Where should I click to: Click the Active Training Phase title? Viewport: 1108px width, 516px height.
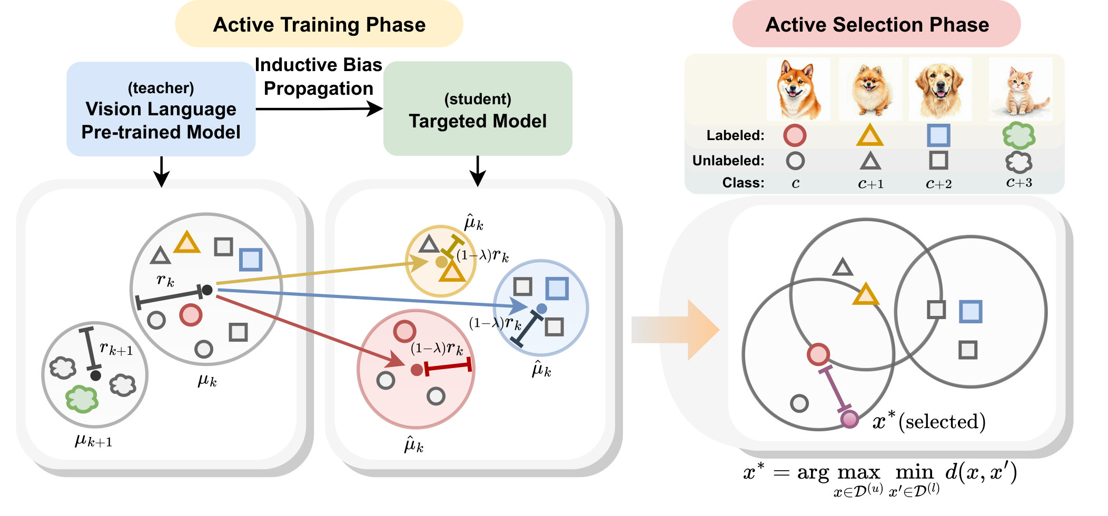click(319, 25)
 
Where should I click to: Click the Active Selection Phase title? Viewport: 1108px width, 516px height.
click(877, 25)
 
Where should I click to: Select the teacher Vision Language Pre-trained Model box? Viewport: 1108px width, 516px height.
click(161, 110)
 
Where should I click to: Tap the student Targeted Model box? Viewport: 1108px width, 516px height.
click(478, 110)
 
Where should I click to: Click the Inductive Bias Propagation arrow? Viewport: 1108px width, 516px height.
click(319, 109)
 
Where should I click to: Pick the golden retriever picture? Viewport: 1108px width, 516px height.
click(939, 89)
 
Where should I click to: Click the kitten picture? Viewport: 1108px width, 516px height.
click(1021, 89)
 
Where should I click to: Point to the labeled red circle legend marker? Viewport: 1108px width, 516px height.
click(795, 135)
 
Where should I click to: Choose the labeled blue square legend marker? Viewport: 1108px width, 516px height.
click(938, 135)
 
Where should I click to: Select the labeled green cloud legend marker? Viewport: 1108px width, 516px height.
click(1019, 135)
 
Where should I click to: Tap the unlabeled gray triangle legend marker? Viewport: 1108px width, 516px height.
click(870, 161)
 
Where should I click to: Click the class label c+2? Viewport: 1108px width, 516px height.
click(938, 184)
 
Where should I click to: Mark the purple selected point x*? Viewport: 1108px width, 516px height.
click(849, 419)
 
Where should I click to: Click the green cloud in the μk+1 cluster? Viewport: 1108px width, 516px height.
click(82, 399)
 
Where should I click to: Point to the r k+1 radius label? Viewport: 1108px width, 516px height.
click(116, 349)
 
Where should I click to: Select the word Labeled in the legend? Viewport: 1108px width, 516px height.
click(735, 135)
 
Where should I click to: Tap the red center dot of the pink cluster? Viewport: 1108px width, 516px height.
click(417, 370)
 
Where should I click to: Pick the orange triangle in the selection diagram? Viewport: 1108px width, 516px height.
click(866, 295)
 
